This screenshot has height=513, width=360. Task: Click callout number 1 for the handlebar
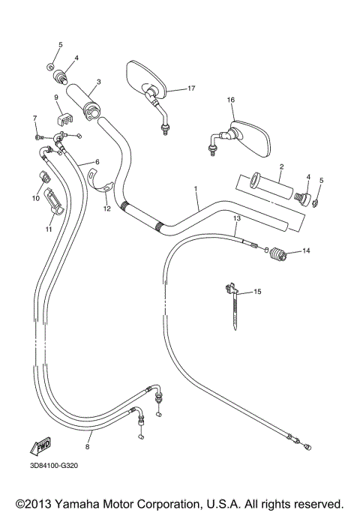click(196, 189)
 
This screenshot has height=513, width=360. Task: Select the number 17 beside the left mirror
click(191, 88)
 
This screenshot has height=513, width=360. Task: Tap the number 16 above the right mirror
click(231, 100)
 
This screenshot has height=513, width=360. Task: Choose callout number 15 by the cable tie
click(259, 291)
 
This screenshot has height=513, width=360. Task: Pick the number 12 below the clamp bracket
click(106, 208)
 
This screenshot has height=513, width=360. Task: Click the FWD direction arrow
click(40, 445)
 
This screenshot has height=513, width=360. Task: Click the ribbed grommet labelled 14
click(278, 255)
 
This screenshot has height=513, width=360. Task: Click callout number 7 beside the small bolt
click(34, 118)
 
